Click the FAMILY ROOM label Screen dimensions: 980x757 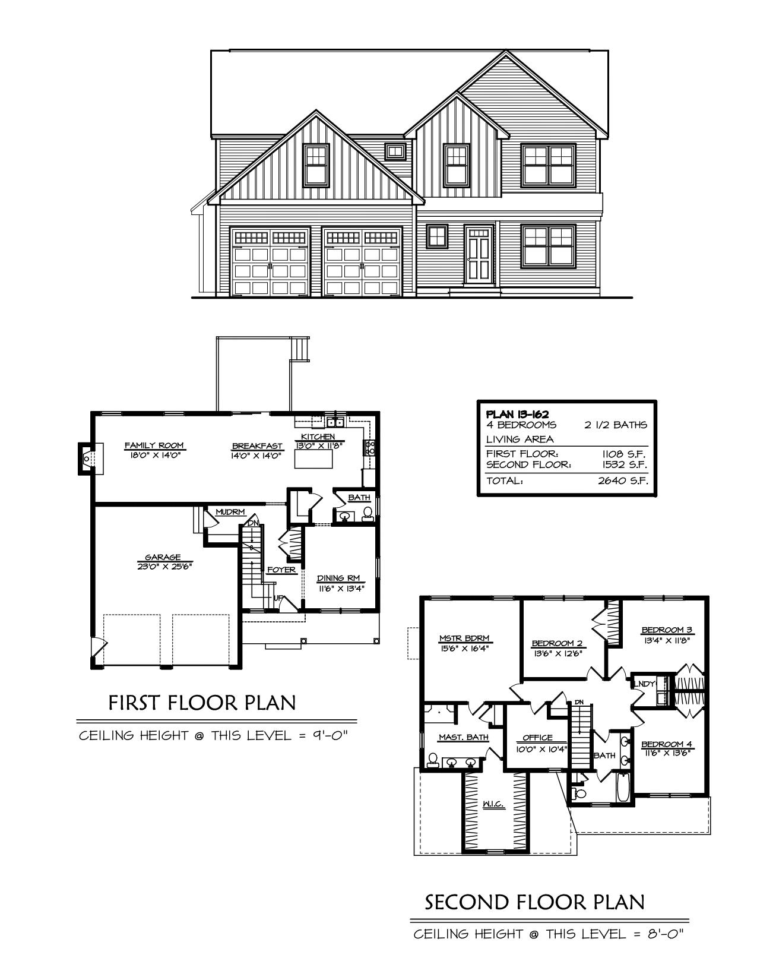click(x=154, y=445)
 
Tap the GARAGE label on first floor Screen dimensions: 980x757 click(x=163, y=558)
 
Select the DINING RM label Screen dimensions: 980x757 click(x=340, y=578)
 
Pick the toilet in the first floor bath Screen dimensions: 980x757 click(x=367, y=514)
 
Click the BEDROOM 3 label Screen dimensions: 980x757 click(x=667, y=630)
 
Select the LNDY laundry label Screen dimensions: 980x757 click(x=644, y=684)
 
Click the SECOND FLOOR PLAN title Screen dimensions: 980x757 click(x=534, y=902)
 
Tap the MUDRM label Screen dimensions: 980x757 click(x=229, y=512)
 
